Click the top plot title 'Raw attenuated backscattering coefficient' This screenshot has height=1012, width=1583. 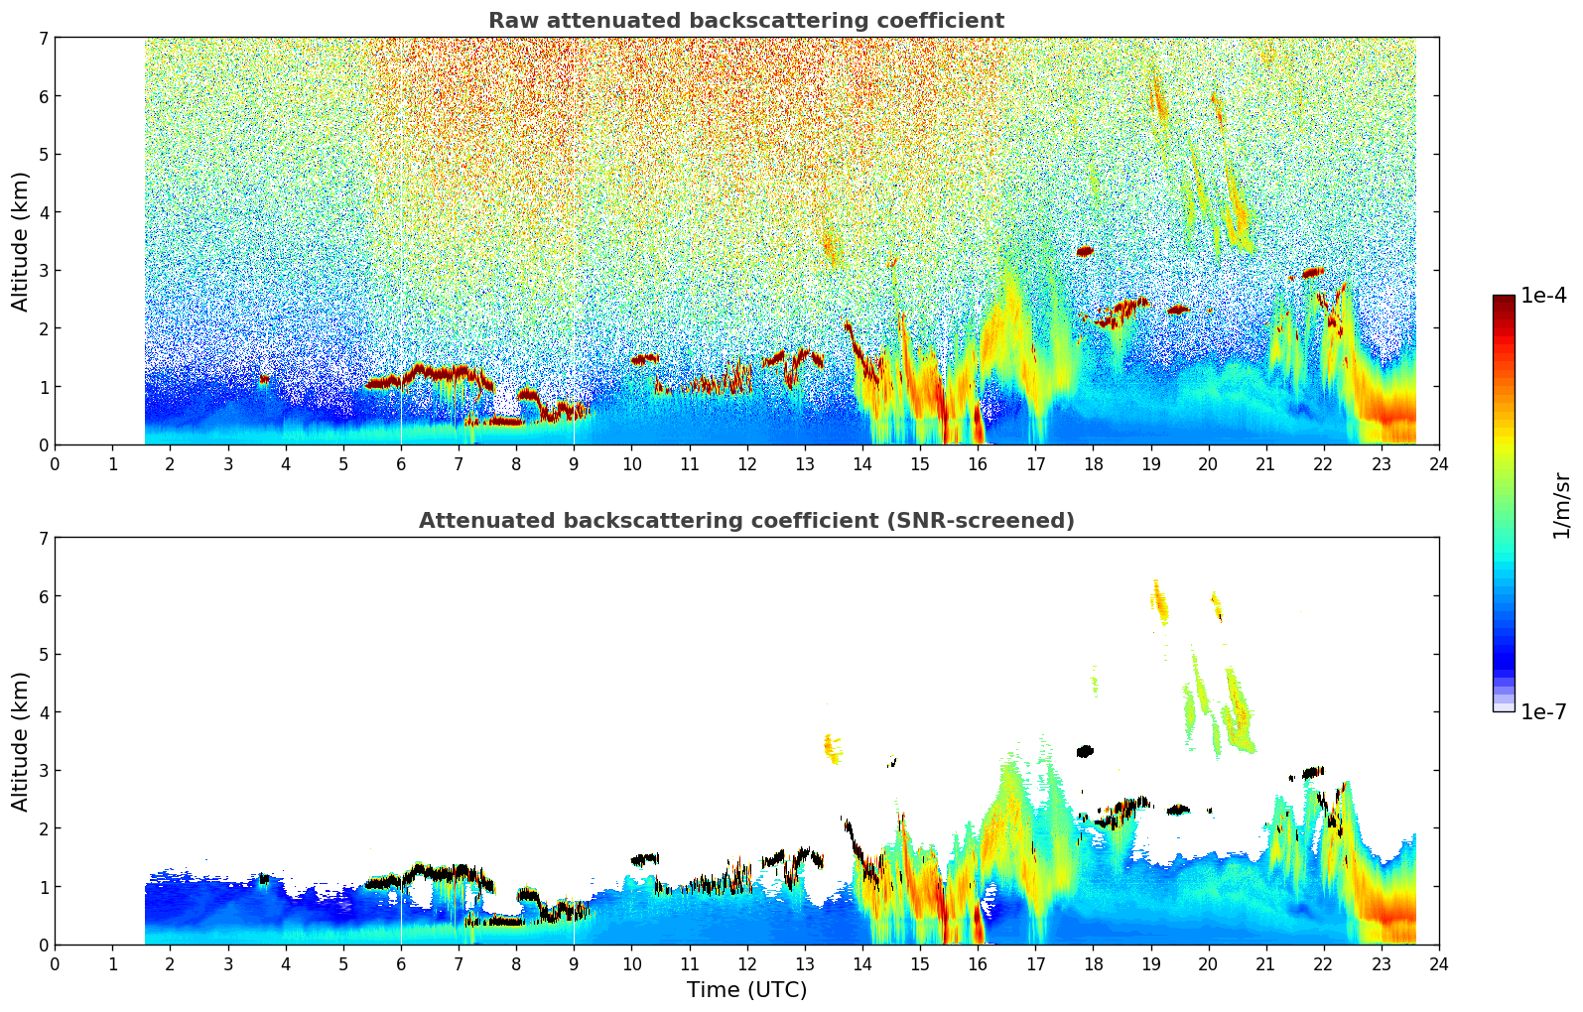(x=746, y=21)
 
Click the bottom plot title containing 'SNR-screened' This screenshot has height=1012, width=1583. (x=746, y=521)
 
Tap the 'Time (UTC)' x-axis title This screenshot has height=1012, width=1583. (x=746, y=990)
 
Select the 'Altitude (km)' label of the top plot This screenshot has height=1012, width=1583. (x=21, y=241)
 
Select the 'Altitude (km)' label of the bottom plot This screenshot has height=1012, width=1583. (x=21, y=741)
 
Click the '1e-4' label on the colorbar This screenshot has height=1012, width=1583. (x=1543, y=296)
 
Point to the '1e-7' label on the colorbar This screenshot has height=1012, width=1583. (x=1543, y=712)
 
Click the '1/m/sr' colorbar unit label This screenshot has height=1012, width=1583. (x=1561, y=505)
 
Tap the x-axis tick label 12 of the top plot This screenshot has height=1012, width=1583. (x=746, y=463)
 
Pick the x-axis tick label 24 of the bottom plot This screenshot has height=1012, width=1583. (x=1438, y=963)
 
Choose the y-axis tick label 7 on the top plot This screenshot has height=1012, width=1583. (x=43, y=39)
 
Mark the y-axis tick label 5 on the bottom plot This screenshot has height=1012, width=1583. (x=43, y=655)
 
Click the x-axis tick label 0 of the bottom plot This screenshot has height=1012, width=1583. (x=55, y=963)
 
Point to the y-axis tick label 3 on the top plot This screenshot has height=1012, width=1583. (x=43, y=271)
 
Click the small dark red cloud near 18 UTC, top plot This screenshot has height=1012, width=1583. (x=1085, y=251)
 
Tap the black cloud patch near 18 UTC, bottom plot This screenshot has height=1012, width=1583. (x=1085, y=751)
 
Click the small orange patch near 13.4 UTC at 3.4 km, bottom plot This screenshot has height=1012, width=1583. (x=832, y=746)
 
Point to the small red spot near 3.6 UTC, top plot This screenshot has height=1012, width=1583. (x=264, y=379)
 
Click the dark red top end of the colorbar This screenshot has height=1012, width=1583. (x=1504, y=301)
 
